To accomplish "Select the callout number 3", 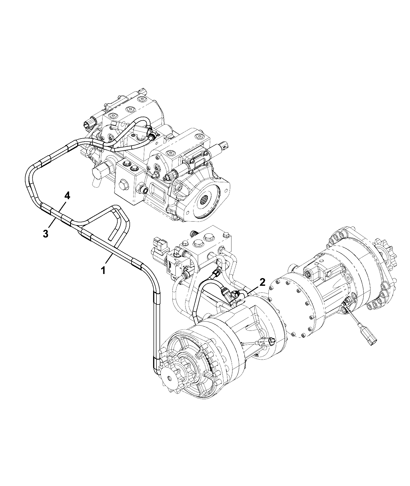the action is tap(45, 234).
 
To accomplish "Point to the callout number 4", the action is tap(67, 196).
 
